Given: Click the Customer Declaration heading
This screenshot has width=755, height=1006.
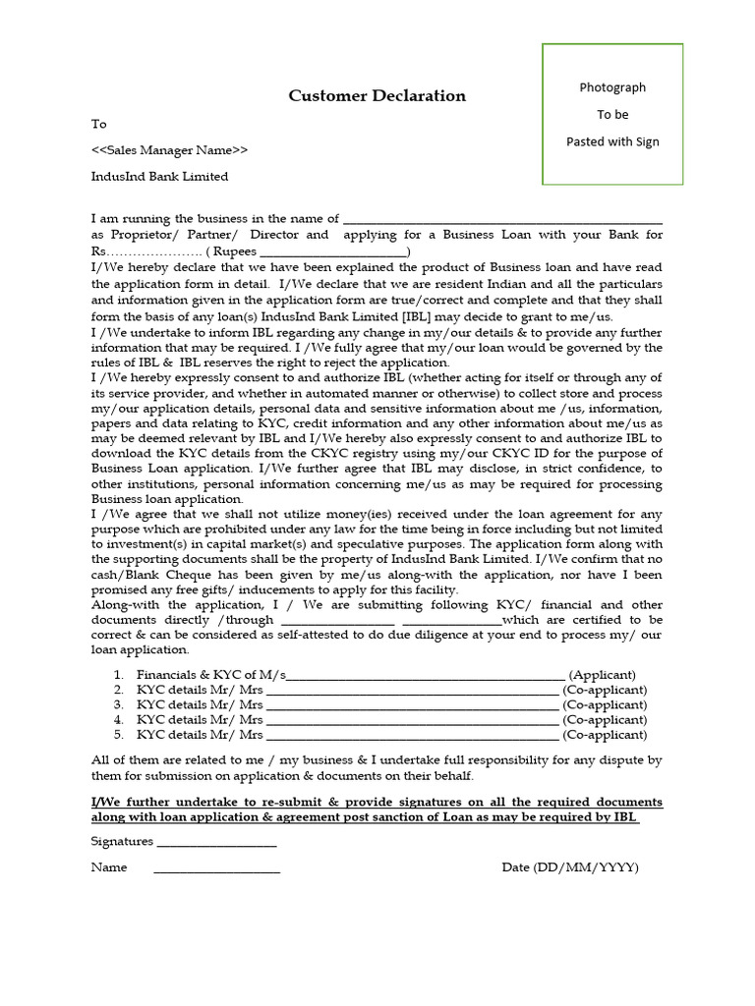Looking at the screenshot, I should tap(377, 95).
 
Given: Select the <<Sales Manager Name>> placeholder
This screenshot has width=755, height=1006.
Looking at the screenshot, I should tap(169, 150).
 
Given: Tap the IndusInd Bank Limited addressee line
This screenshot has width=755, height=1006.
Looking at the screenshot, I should tap(159, 177).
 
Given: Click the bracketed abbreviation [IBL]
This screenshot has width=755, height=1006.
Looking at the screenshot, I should tap(418, 316).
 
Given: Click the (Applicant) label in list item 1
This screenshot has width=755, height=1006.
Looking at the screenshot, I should tap(603, 675).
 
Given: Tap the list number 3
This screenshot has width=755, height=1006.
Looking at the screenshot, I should tap(118, 704).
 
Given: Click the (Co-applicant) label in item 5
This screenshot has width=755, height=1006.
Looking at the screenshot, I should tap(605, 734).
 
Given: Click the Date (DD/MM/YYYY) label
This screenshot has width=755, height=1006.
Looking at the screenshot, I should tap(569, 867).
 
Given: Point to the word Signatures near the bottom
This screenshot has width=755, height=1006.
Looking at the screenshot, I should tap(122, 841).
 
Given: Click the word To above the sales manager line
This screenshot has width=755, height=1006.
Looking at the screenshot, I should tap(98, 124).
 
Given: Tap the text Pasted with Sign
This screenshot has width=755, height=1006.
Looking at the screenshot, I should tap(612, 141).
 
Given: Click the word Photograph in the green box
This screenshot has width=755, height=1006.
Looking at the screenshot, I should tap(612, 87).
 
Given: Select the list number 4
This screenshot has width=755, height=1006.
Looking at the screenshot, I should tap(118, 719).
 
